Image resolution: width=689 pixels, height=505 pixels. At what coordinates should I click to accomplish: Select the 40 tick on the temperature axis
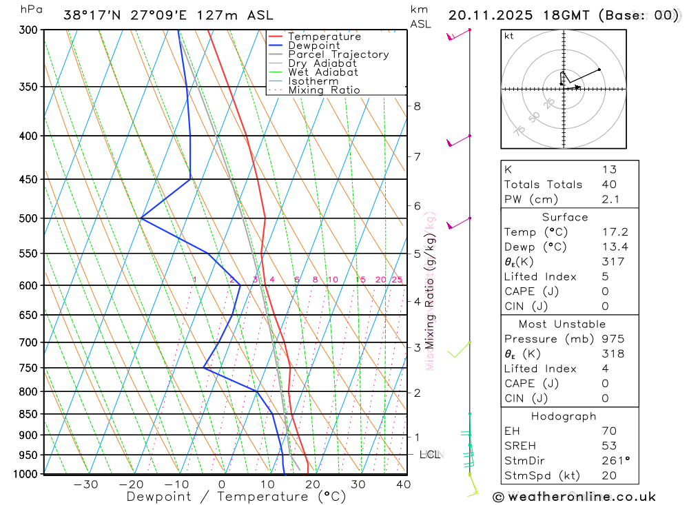[403, 484]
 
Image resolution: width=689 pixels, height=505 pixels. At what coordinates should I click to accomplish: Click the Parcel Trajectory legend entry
[338, 54]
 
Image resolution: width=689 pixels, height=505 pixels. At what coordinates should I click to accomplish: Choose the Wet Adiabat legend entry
[322, 72]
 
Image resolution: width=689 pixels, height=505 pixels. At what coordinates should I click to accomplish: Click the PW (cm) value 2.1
[610, 199]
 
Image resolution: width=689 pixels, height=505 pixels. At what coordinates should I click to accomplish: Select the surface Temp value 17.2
[615, 232]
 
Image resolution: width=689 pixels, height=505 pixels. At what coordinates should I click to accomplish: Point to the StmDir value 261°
[613, 461]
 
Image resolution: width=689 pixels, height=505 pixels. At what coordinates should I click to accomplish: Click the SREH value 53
[608, 446]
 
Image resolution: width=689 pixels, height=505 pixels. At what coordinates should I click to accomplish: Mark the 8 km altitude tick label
[417, 106]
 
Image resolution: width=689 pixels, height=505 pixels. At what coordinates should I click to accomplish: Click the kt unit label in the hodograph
[509, 37]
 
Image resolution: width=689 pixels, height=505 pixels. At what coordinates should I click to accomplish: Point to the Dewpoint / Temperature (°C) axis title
[236, 497]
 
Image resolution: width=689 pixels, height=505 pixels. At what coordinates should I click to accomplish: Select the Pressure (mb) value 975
[612, 339]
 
